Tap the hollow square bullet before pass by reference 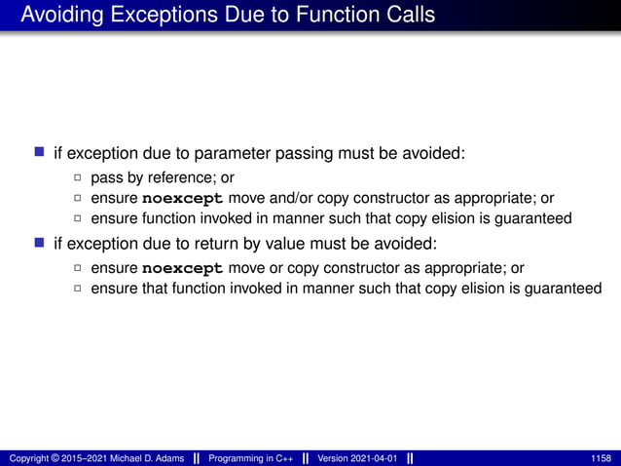point(78,178)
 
